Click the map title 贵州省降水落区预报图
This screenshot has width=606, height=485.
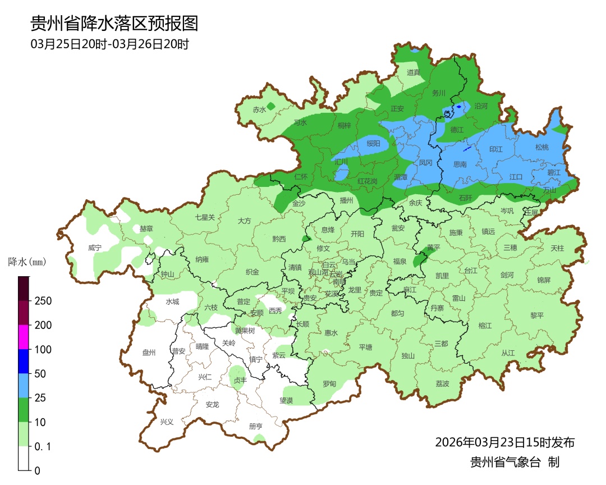[x=114, y=24]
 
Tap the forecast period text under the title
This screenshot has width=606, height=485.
[x=109, y=44]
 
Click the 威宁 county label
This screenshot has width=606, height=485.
[x=95, y=248]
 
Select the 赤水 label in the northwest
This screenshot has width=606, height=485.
[x=259, y=109]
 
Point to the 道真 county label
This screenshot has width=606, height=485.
[x=414, y=72]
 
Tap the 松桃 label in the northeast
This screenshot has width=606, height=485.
[x=541, y=147]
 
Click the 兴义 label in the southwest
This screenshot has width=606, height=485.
[x=167, y=422]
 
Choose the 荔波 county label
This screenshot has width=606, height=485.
[x=442, y=383]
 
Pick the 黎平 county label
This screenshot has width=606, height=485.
[x=537, y=315]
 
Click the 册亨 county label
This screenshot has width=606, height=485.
[x=255, y=426]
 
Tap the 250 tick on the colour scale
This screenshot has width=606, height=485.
[x=43, y=301]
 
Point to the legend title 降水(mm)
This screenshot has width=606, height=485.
[x=26, y=262]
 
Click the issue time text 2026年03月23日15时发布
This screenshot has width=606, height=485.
[x=504, y=442]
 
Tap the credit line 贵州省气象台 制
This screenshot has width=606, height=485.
[x=515, y=462]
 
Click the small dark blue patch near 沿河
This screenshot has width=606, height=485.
[x=459, y=106]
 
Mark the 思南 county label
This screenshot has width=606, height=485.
[x=460, y=164]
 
